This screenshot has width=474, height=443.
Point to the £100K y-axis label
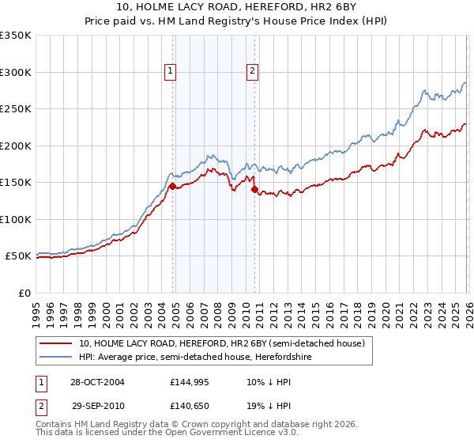pyautogui.click(x=16, y=219)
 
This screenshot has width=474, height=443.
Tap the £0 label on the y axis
pyautogui.click(x=23, y=293)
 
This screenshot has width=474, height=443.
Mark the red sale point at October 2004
pyautogui.click(x=172, y=186)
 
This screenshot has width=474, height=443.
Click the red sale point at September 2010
pyautogui.click(x=254, y=189)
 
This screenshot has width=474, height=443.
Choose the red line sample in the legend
pyautogui.click(x=56, y=344)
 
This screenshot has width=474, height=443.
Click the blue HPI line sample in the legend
pyautogui.click(x=56, y=358)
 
